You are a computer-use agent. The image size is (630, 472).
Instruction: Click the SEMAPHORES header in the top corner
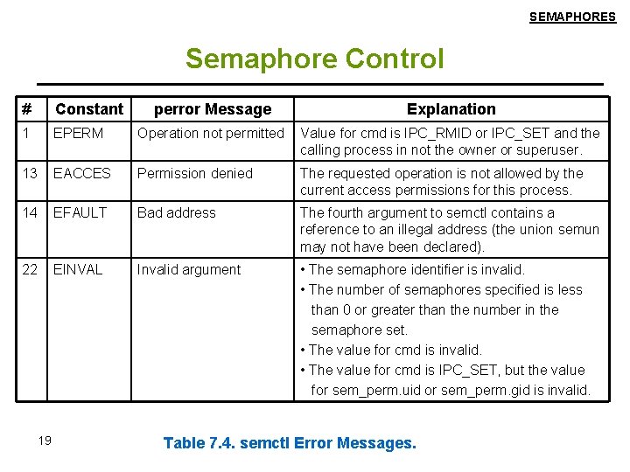pyautogui.click(x=572, y=17)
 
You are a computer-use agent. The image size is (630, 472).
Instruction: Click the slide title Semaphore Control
pyautogui.click(x=315, y=59)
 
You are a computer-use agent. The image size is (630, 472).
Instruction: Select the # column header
pyautogui.click(x=27, y=109)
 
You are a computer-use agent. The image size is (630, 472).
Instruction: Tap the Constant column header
pyautogui.click(x=89, y=109)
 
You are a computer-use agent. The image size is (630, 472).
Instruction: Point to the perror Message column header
pyautogui.click(x=213, y=109)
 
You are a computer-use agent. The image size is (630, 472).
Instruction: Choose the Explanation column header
pyautogui.click(x=451, y=109)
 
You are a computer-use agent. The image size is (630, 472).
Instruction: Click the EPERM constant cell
pyautogui.click(x=78, y=134)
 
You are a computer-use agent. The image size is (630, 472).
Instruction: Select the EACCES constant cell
pyautogui.click(x=82, y=173)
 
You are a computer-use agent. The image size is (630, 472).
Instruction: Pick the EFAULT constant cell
pyautogui.click(x=80, y=212)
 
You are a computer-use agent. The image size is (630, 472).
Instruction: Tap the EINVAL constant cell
pyautogui.click(x=78, y=269)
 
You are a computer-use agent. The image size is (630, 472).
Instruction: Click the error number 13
pyautogui.click(x=31, y=173)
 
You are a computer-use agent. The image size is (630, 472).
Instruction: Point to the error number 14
pyautogui.click(x=31, y=212)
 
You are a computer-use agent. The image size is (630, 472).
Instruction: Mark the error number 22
pyautogui.click(x=31, y=269)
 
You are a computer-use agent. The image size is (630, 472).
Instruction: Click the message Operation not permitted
pyautogui.click(x=211, y=134)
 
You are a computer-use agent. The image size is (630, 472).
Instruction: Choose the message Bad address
pyautogui.click(x=177, y=212)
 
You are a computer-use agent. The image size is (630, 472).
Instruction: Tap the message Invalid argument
pyautogui.click(x=189, y=269)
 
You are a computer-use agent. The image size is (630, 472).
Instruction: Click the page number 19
pyautogui.click(x=45, y=441)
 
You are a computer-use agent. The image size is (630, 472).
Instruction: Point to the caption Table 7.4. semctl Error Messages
pyautogui.click(x=290, y=443)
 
